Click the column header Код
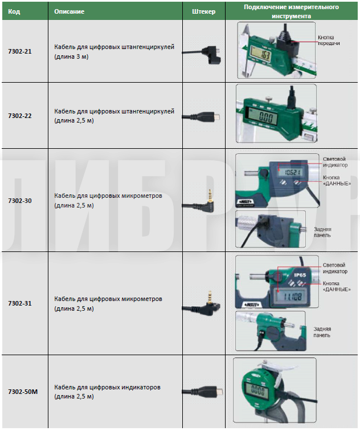coord(14,11)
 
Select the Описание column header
coord(69,11)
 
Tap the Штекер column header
coord(204,11)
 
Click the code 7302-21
coord(20,52)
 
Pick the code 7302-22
coord(20,116)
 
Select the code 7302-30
coord(20,200)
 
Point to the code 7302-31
coord(20,303)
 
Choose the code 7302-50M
coord(23,392)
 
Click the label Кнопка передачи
coord(329,40)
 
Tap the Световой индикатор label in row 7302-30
coord(334,161)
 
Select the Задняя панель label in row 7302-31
coord(322,332)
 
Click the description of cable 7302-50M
coord(107,392)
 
